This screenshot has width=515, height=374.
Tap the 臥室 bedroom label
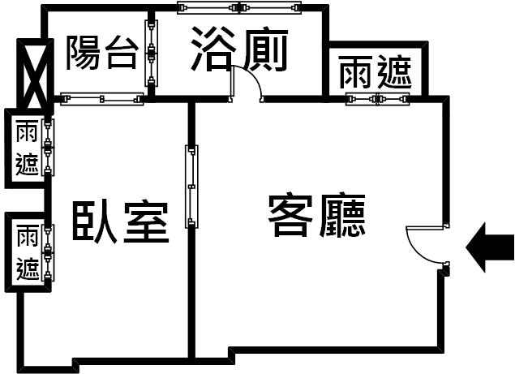pos(121,221)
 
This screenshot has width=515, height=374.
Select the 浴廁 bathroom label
pos(239,49)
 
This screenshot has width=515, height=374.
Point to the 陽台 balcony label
pos(102,53)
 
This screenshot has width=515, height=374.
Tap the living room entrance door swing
pos(414,247)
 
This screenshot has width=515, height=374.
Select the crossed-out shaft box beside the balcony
pos(36,74)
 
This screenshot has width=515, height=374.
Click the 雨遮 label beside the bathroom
pos(375,72)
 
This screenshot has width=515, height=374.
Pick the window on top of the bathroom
pos(239,7)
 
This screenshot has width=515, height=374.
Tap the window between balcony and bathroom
pos(151,54)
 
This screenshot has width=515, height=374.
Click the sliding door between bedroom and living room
pos(192,187)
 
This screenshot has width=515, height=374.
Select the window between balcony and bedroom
pos(102,99)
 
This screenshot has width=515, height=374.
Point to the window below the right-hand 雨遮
pos(378,99)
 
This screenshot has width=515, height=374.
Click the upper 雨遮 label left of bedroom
pos(27,147)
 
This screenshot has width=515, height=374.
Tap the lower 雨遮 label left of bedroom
pos(28,252)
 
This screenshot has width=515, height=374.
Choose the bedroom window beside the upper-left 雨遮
pos(49,147)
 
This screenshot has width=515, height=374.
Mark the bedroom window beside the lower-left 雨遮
pos(49,253)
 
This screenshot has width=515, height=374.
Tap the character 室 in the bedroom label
pos(147,221)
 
